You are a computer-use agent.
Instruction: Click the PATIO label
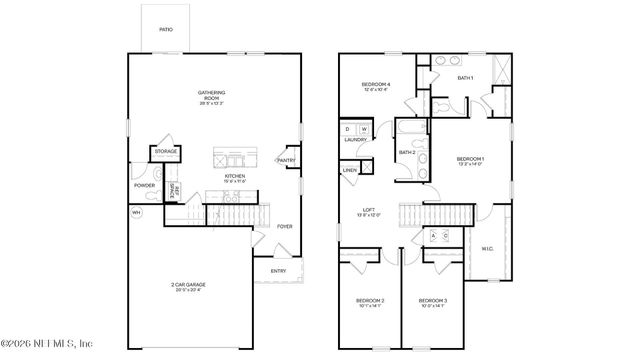(166, 29)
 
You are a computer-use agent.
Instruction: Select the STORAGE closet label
(165, 151)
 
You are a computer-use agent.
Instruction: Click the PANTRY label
(285, 160)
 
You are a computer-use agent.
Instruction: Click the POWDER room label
(143, 186)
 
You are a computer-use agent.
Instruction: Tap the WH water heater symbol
(136, 212)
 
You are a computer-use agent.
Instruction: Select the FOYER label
(285, 226)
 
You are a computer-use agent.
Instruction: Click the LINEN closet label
(350, 171)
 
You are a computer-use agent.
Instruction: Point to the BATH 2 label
(407, 152)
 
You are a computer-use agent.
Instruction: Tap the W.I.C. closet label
(488, 248)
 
